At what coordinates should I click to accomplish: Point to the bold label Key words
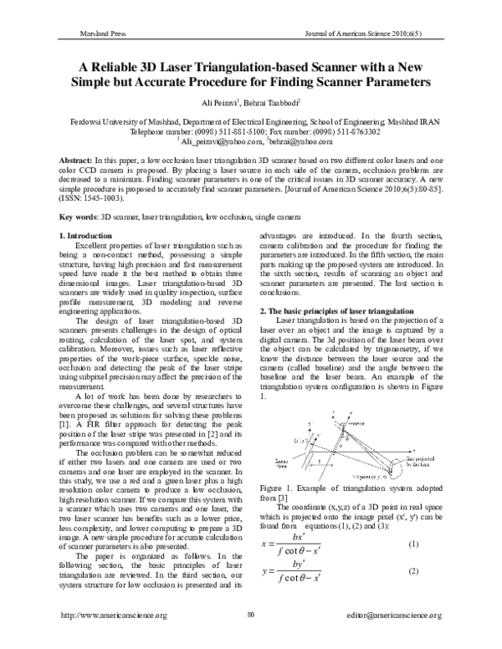coord(85,217)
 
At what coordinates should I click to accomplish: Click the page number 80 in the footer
coord(250,638)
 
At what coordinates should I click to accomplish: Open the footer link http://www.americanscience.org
coord(111,638)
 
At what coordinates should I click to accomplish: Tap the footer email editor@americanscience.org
coord(392,638)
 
